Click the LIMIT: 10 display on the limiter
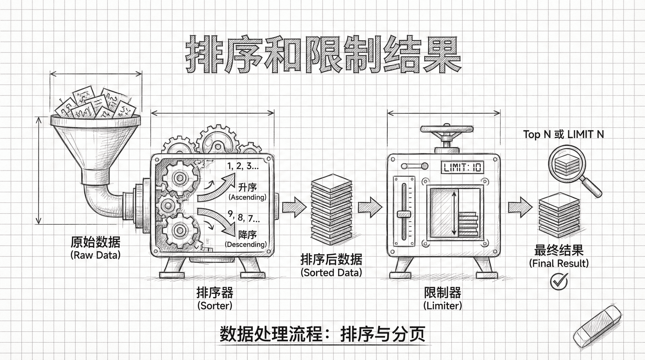[462, 167]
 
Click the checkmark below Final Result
[559, 281]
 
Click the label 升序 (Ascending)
[248, 192]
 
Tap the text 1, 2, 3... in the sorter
[243, 166]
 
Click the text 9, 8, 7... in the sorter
[244, 217]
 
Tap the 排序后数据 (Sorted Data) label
[331, 265]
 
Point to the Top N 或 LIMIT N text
[563, 135]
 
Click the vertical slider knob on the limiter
[403, 214]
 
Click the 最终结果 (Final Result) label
[559, 256]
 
